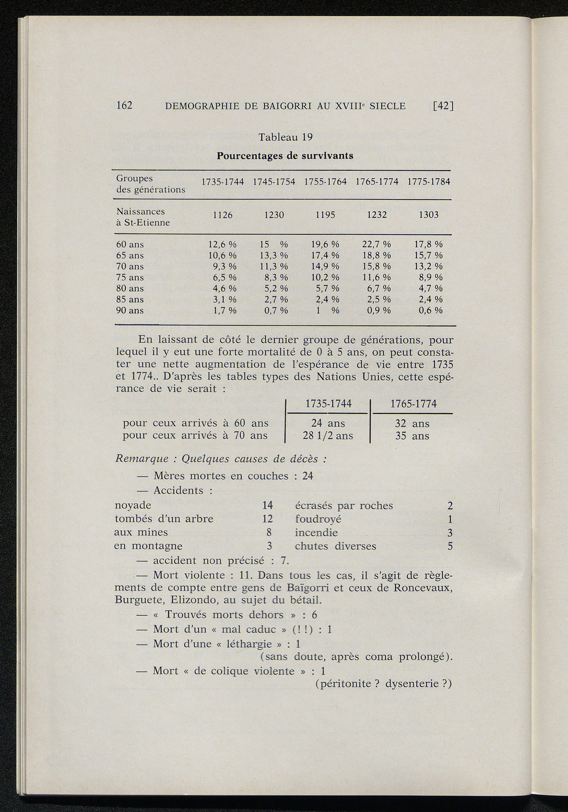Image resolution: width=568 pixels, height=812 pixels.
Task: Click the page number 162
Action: [124, 105]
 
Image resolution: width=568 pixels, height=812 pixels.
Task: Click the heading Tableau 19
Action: [286, 137]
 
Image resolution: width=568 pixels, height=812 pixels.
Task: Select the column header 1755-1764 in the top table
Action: [325, 182]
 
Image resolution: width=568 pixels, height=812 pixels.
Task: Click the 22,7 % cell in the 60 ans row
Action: [377, 244]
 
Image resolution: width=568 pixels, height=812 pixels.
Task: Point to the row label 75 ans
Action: [130, 277]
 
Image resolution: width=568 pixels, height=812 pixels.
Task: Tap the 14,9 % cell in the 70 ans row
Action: [325, 266]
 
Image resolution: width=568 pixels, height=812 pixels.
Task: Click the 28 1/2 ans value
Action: [327, 436]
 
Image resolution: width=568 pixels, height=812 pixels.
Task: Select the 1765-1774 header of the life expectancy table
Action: [413, 404]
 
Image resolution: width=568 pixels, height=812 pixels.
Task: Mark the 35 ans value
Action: [412, 436]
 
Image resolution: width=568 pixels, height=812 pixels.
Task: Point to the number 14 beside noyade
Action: [267, 505]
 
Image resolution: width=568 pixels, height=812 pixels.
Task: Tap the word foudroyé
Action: [318, 519]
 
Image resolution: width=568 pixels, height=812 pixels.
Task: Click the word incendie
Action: [316, 533]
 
